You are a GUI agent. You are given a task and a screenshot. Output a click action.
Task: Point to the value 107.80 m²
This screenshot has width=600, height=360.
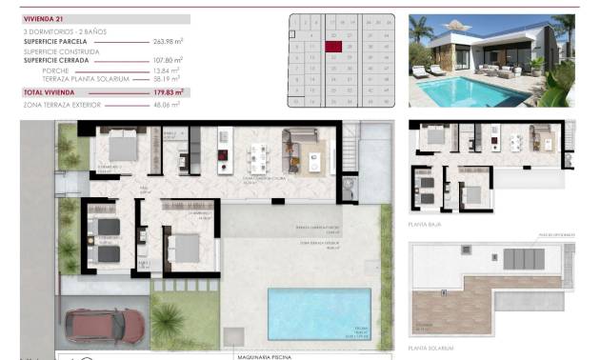[x=167, y=60]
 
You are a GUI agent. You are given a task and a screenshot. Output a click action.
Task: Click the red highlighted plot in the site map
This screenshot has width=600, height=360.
[x=333, y=45]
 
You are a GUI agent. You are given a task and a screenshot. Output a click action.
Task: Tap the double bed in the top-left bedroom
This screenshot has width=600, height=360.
[x=121, y=147]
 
